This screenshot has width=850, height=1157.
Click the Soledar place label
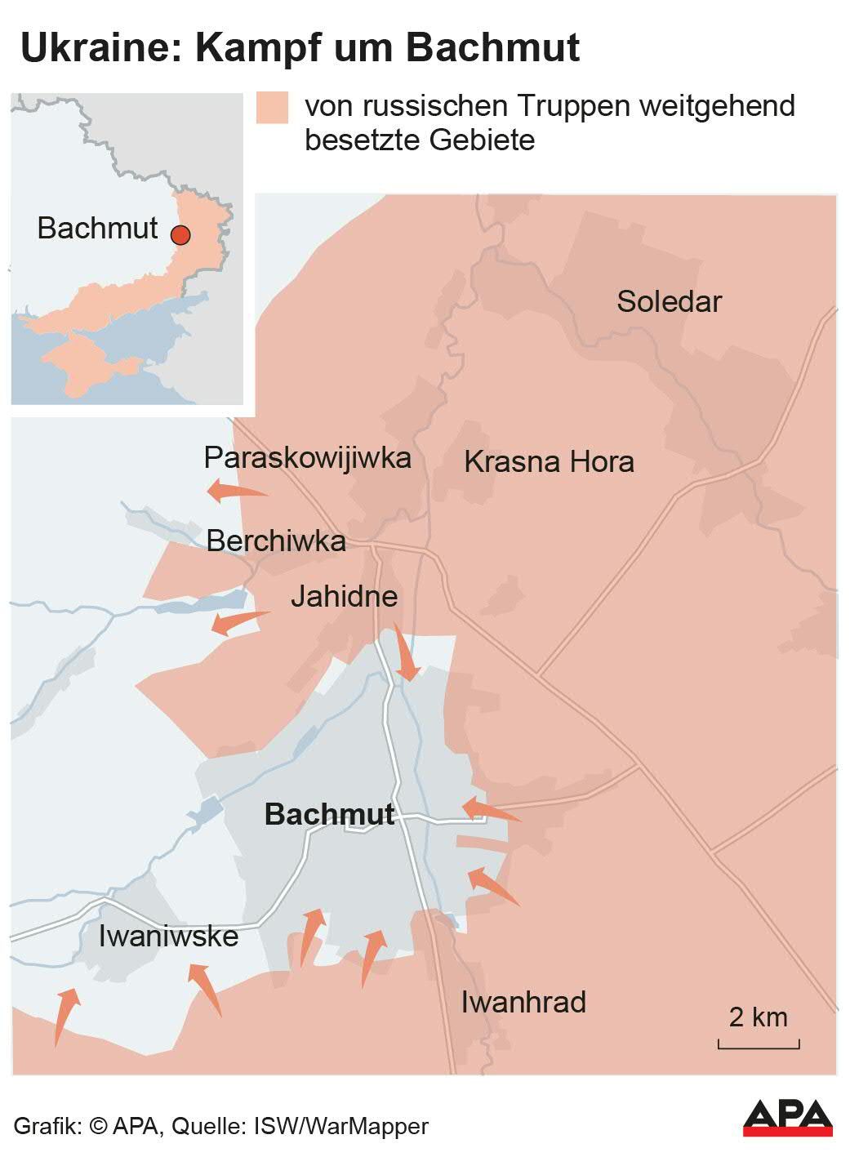669,301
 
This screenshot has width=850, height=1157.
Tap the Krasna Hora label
549,461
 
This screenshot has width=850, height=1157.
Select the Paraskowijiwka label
307,457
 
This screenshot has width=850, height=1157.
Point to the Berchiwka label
276,541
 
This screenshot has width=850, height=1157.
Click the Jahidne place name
344,596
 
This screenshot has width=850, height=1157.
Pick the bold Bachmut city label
330,814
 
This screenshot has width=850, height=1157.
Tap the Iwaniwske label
168,936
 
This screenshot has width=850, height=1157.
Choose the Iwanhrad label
523,1002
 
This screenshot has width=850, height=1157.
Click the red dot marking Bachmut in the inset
180,235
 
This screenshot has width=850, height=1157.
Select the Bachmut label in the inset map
97,228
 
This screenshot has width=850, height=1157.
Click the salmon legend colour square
272,107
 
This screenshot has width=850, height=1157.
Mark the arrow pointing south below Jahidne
405,652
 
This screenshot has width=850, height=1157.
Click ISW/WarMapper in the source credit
341,1126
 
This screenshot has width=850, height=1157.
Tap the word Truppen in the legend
572,105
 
